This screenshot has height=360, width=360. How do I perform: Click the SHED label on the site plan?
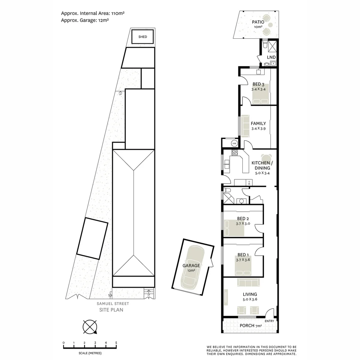click(142, 37)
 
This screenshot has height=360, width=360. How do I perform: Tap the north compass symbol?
click(90, 327)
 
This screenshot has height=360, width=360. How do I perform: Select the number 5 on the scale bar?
click(116, 343)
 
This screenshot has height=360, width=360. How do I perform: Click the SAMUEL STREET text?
click(113, 304)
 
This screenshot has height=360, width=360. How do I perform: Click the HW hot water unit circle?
click(234, 143)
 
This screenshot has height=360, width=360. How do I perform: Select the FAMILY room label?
click(258, 123)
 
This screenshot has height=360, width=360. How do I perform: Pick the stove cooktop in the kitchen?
click(235, 153)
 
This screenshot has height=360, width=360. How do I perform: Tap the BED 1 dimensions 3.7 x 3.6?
click(243, 260)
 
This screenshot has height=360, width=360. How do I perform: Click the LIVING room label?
click(250, 294)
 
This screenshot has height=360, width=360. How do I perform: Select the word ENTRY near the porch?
click(269, 321)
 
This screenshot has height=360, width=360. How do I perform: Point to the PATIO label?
click(258, 22)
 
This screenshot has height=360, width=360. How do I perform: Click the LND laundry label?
click(271, 57)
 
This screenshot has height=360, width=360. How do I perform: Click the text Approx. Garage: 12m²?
click(85, 20)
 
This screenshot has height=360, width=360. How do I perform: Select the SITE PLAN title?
click(111, 310)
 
